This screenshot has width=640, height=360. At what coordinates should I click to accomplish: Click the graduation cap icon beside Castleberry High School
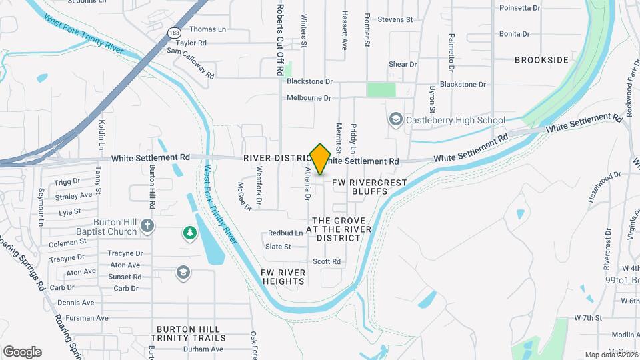click(395, 119)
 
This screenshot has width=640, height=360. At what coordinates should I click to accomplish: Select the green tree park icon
click(190, 233)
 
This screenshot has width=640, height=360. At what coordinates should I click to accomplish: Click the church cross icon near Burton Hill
click(147, 226)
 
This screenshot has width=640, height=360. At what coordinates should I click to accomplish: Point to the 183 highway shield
click(175, 32)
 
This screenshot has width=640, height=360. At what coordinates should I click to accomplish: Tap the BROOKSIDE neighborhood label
click(541, 60)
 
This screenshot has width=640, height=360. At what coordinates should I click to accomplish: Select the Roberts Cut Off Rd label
click(281, 30)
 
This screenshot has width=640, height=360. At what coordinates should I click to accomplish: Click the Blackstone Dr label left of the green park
click(309, 81)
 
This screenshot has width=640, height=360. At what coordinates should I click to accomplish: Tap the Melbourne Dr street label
click(309, 98)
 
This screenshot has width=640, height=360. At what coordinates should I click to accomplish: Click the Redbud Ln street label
click(285, 233)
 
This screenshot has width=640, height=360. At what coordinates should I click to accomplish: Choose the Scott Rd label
click(327, 261)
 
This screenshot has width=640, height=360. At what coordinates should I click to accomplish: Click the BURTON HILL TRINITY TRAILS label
click(191, 333)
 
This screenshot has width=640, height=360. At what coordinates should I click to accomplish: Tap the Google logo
click(22, 352)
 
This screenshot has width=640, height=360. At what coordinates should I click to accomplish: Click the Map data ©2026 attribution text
click(611, 355)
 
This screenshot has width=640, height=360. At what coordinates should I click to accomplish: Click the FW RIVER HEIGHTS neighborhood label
click(283, 277)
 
